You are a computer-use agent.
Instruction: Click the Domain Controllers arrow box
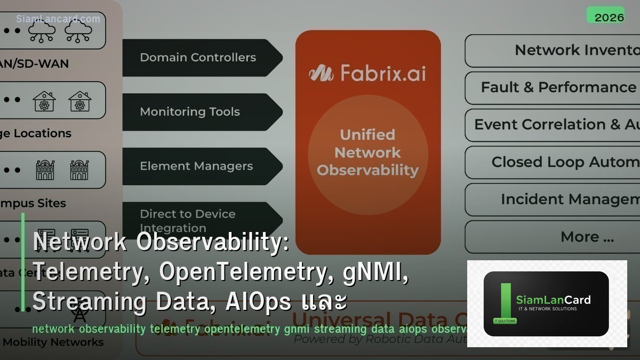point(200,58)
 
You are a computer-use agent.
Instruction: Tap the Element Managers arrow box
point(200,166)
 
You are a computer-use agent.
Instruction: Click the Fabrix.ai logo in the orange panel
point(367,73)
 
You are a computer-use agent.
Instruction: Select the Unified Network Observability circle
point(367,153)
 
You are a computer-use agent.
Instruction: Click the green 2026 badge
point(605,16)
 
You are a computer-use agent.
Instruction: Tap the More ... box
point(552,237)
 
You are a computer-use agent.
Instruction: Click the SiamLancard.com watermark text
point(58,19)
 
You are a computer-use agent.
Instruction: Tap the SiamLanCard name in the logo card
point(553,300)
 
